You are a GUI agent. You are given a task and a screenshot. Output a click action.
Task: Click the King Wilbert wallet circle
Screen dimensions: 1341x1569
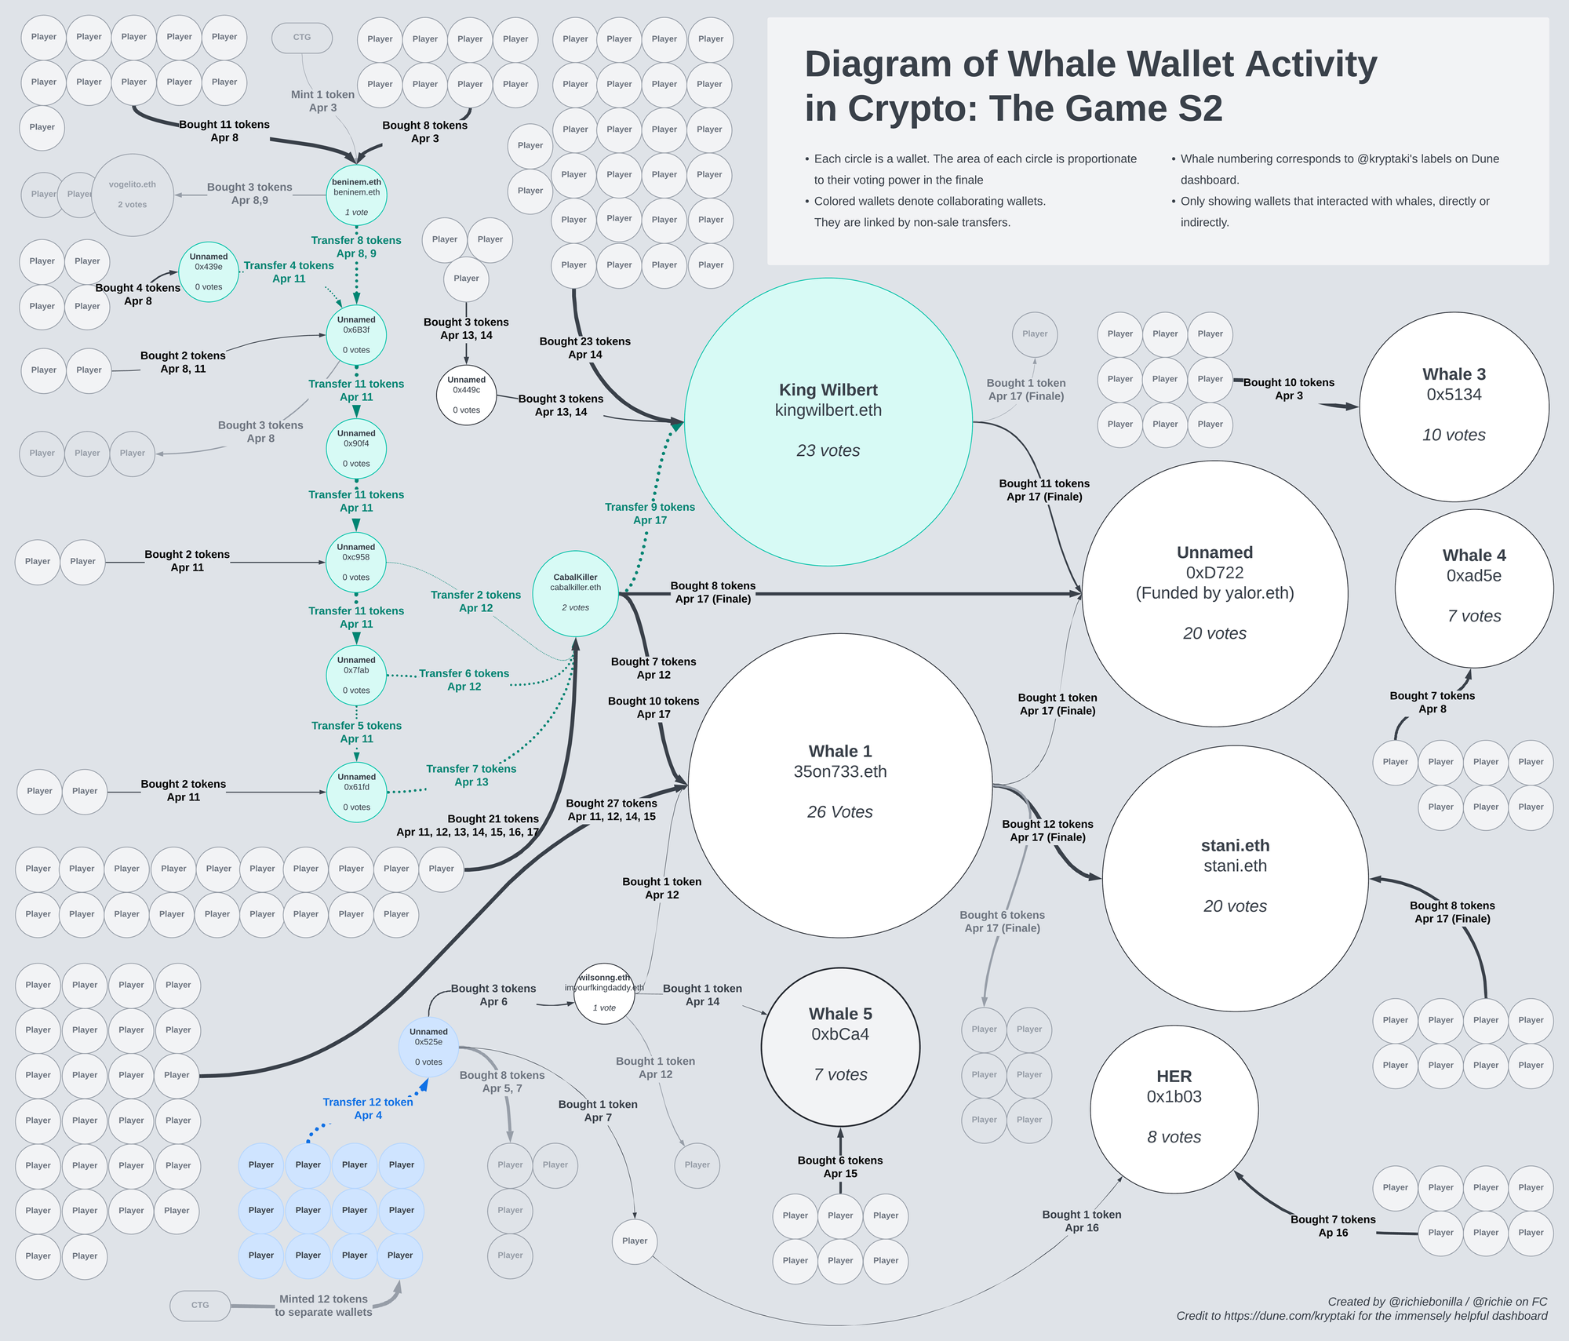[x=828, y=421]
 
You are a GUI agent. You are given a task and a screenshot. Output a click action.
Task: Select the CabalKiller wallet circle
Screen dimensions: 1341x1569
[x=575, y=593]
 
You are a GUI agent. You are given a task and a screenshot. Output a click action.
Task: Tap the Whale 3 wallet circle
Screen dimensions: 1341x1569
[x=1454, y=406]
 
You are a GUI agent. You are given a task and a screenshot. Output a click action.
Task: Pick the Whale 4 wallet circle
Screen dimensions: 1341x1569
[x=1473, y=588]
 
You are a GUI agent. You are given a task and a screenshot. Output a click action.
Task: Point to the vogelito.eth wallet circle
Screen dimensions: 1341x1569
[x=132, y=195]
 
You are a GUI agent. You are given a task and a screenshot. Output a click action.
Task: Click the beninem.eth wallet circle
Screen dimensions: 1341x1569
[x=356, y=195]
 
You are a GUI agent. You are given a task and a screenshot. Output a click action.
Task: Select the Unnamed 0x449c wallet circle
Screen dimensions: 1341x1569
[x=466, y=395]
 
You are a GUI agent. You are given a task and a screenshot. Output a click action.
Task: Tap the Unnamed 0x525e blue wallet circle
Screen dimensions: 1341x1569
[x=428, y=1048]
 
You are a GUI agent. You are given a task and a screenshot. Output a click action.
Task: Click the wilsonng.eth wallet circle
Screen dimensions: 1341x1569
[x=604, y=993]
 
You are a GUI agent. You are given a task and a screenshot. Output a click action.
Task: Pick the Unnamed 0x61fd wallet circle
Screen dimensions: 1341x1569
[x=356, y=792]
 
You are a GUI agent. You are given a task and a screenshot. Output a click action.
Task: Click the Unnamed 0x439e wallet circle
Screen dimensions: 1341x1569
[x=209, y=271]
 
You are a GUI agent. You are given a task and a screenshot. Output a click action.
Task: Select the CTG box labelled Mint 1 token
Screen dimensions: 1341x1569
[x=302, y=38]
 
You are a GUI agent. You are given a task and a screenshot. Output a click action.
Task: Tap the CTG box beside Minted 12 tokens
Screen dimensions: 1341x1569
[x=200, y=1305]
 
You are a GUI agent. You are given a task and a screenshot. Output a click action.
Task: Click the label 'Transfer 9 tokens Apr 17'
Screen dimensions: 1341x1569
[x=650, y=513]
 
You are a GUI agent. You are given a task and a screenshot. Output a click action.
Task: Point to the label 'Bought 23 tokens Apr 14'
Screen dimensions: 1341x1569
[x=585, y=348]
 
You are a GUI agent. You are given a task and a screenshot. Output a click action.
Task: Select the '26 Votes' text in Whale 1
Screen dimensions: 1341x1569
[x=839, y=812]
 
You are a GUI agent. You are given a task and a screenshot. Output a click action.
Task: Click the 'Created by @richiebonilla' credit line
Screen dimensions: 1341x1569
[x=1437, y=1301]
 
